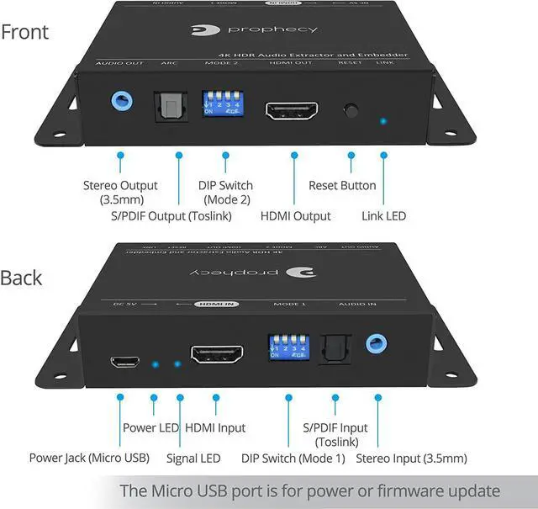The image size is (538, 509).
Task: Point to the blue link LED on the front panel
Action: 383,121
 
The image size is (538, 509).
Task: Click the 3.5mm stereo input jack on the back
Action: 376,343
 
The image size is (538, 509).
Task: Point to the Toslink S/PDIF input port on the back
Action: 335,347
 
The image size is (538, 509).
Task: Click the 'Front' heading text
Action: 25,33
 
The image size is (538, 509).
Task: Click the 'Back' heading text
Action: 23,278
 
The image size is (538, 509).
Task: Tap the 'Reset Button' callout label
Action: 342,185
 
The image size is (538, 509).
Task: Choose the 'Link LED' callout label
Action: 383,216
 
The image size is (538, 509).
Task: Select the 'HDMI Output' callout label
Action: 295,216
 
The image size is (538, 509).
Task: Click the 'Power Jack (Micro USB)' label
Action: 89,459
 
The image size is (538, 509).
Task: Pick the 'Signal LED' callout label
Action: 194,459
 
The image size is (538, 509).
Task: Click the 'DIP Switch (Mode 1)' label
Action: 293,459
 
